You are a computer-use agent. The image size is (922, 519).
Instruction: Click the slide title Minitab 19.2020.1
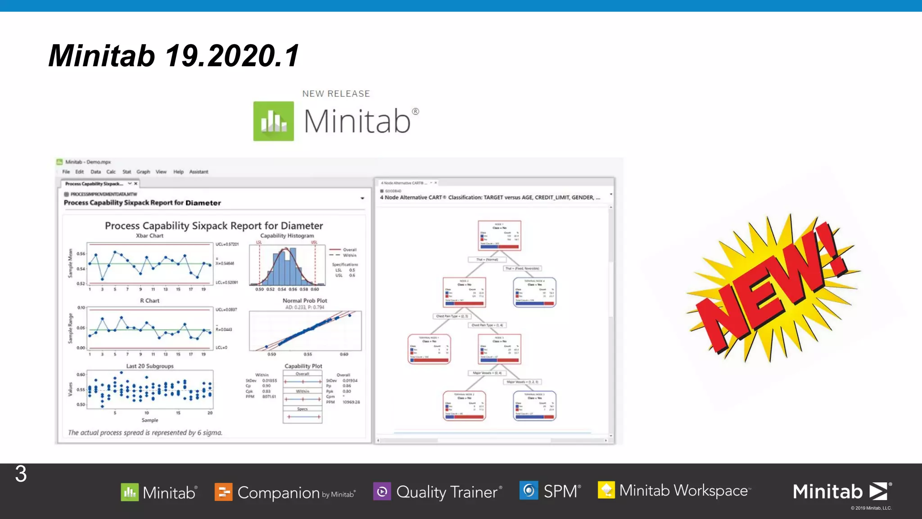point(173,56)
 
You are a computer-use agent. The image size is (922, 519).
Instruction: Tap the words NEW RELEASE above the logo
point(336,94)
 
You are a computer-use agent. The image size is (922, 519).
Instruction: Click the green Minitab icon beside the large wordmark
point(273,121)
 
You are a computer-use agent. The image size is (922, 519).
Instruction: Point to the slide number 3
point(21,474)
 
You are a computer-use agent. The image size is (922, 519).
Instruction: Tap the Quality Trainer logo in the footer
point(438,492)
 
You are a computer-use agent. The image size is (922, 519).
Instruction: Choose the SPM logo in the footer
point(550,491)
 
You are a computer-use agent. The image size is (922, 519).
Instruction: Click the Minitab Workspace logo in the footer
point(674,490)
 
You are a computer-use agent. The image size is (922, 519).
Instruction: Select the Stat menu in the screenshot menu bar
point(127,172)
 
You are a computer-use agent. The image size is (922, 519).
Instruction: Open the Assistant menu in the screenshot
point(199,172)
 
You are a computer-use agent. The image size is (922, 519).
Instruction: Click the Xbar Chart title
point(149,236)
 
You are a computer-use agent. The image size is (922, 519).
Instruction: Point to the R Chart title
point(149,300)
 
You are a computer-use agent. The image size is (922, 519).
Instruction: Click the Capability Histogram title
point(287,236)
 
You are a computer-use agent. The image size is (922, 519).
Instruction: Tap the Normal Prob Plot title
point(305,300)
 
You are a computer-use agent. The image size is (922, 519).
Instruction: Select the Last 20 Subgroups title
point(149,366)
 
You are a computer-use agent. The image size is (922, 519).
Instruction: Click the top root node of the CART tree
point(499,235)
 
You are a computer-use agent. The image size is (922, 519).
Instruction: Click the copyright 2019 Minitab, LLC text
point(871,508)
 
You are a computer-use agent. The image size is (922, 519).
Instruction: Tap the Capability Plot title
point(303,366)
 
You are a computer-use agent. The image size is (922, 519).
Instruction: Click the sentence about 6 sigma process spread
point(145,432)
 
